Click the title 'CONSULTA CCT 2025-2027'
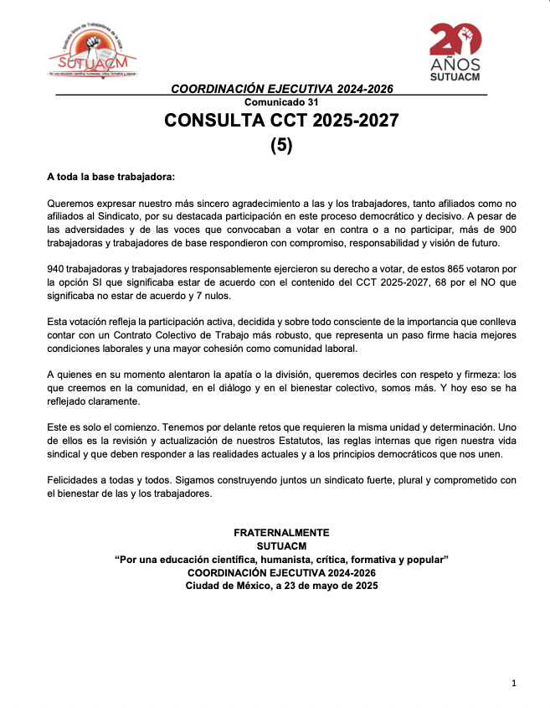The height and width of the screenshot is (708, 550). point(281,121)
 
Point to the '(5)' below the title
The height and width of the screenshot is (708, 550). point(281,145)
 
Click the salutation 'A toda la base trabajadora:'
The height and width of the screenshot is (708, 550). point(111,178)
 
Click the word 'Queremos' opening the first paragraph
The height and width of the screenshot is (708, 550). point(70,204)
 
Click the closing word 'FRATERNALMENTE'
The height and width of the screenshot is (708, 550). point(281,533)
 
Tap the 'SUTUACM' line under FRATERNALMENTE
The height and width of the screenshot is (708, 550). point(281,546)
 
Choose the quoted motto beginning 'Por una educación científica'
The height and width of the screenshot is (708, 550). point(281,560)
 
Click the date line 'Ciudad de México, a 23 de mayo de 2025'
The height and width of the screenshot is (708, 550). point(281,587)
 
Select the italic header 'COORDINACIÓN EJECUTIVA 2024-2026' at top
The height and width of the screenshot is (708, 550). point(281,89)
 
